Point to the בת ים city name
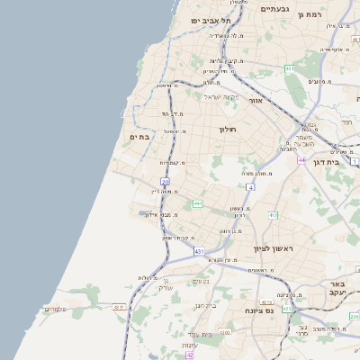[139, 136]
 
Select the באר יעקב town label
[344, 289]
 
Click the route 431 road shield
[199, 252]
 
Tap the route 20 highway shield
[165, 182]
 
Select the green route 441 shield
[197, 204]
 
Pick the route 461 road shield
[289, 69]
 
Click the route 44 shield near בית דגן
[301, 159]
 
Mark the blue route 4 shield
[251, 187]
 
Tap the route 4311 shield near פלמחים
[119, 307]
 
